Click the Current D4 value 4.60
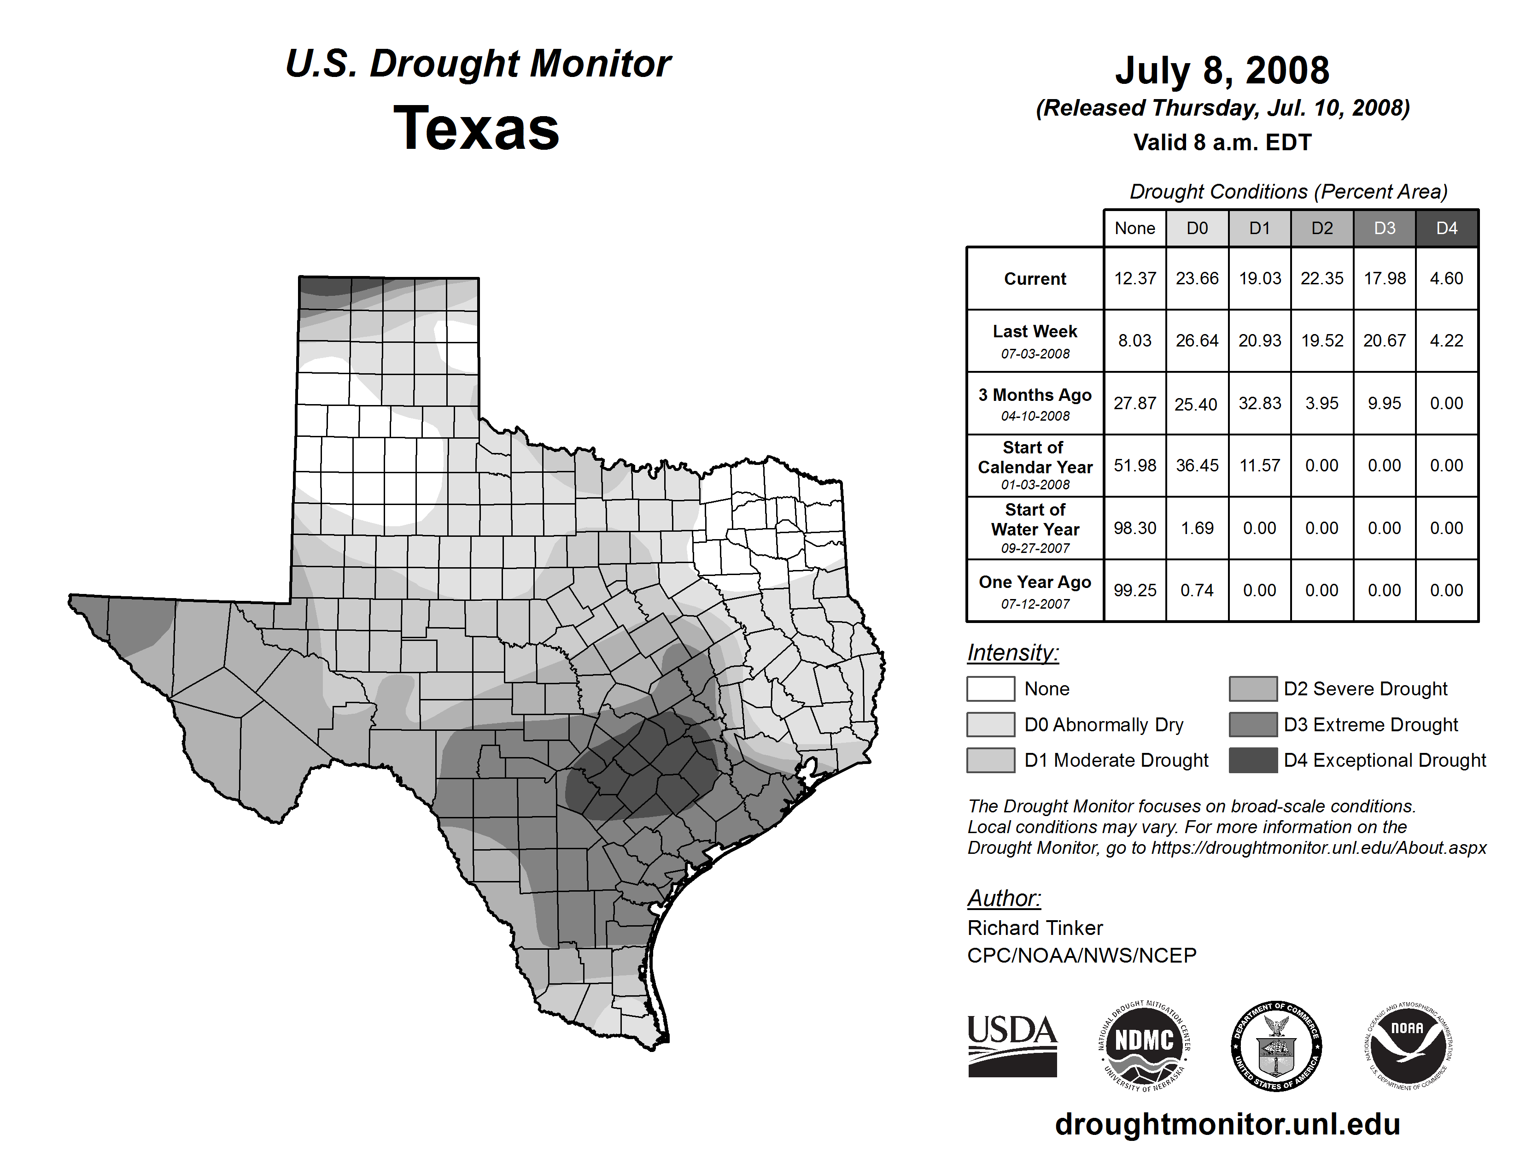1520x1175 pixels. click(x=1446, y=278)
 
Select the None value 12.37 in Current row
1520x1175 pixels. click(x=1134, y=278)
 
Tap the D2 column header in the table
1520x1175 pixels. click(x=1321, y=228)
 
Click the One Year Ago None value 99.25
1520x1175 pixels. click(x=1134, y=590)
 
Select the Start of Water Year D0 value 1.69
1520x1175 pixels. click(x=1197, y=529)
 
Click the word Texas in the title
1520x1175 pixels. click(x=476, y=128)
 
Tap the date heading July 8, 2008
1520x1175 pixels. click(x=1222, y=70)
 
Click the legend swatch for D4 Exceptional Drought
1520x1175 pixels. click(x=1253, y=760)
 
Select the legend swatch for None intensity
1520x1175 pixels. click(x=990, y=688)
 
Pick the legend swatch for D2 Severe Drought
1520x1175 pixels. click(x=1253, y=688)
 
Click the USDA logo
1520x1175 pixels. click(x=1012, y=1046)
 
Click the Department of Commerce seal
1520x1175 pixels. click(x=1276, y=1046)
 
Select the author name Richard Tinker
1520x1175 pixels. click(x=1035, y=928)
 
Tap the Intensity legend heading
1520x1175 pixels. click(x=1012, y=653)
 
